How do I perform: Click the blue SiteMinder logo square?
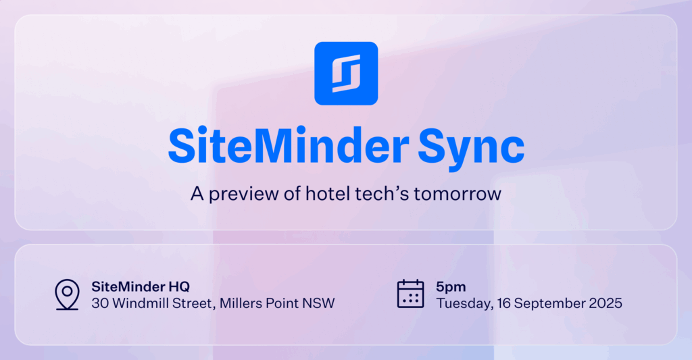point(346,73)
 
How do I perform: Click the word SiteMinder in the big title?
point(289,146)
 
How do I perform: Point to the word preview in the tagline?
point(243,194)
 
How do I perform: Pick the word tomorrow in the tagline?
point(458,194)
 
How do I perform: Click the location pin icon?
point(67,294)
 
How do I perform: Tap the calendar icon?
point(410,293)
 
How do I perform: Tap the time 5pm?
point(451,287)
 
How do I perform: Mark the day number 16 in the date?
point(504,303)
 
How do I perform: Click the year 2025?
point(605,303)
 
